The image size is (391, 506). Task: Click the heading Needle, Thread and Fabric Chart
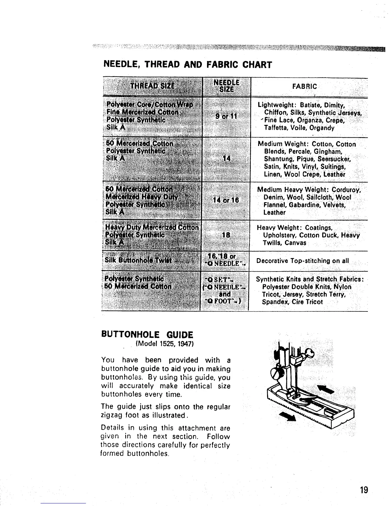pyautogui.click(x=188, y=65)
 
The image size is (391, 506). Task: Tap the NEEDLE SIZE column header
pyautogui.click(x=226, y=86)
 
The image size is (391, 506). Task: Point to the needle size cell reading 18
pyautogui.click(x=226, y=235)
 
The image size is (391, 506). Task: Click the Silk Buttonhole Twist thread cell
pyautogui.click(x=138, y=260)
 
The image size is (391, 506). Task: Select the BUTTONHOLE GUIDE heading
pyautogui.click(x=147, y=335)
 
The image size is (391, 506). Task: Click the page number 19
pyautogui.click(x=364, y=490)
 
